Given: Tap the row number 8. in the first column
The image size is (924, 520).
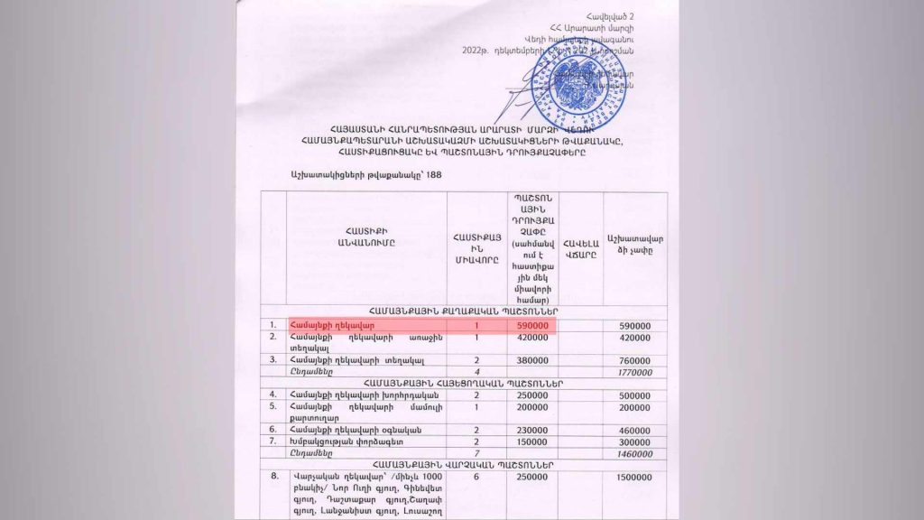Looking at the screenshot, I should (x=273, y=475).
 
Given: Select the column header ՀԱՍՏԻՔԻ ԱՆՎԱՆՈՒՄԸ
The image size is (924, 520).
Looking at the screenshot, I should (x=366, y=237).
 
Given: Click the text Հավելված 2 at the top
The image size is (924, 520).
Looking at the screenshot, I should (x=615, y=17).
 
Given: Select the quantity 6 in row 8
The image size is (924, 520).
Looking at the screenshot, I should (x=476, y=476).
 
